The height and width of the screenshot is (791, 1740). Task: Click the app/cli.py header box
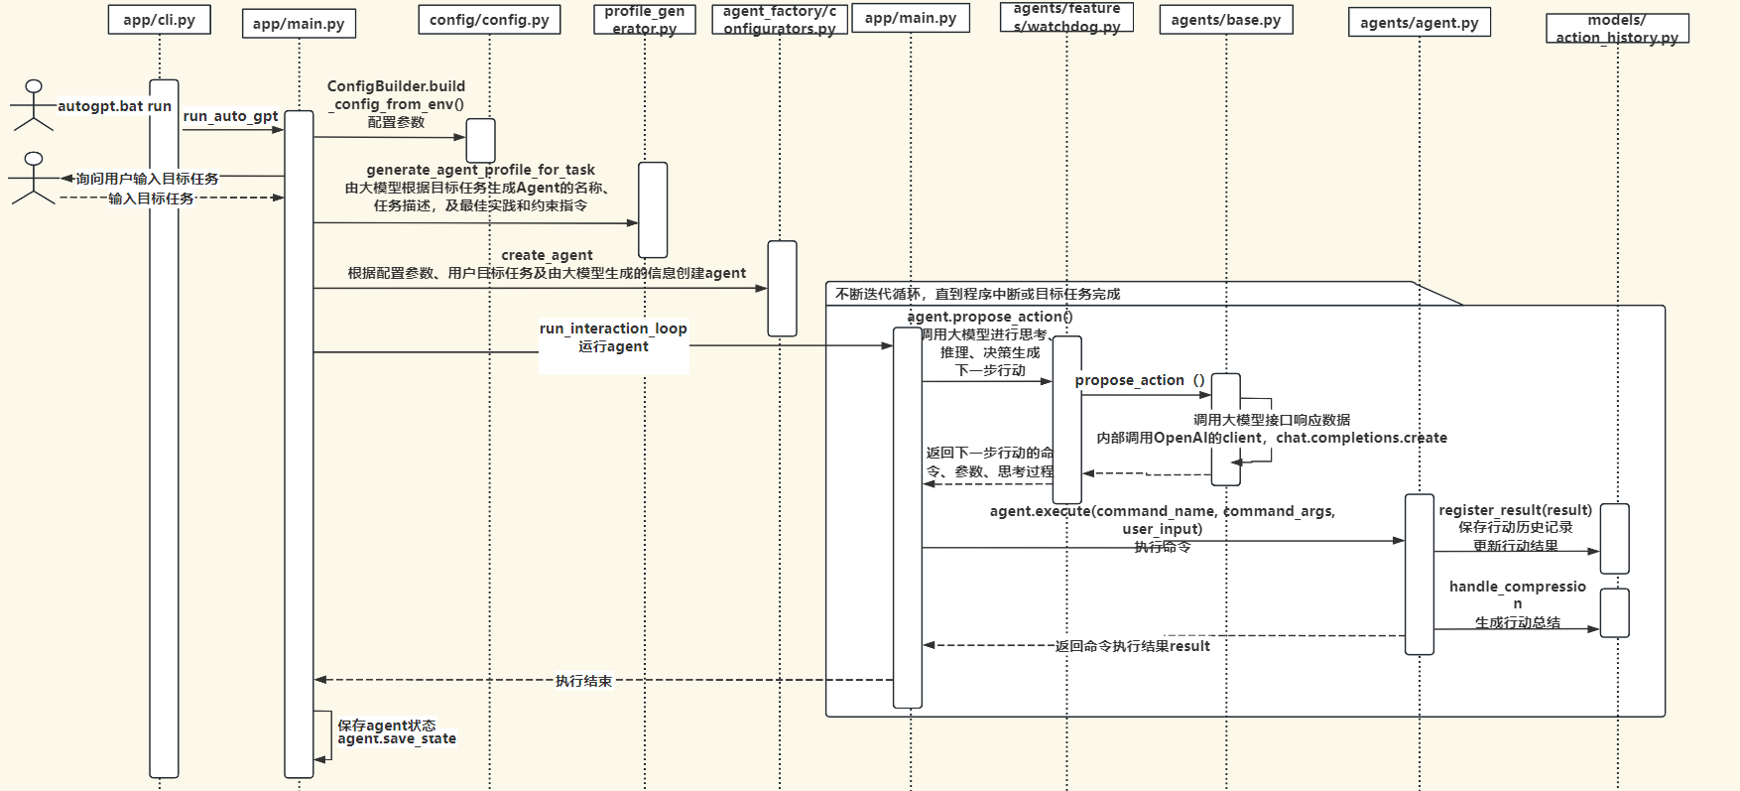coord(159,20)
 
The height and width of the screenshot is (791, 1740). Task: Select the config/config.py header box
coord(489,20)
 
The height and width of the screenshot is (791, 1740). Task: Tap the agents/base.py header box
coord(1225,20)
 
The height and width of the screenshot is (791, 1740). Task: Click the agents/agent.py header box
coord(1419,22)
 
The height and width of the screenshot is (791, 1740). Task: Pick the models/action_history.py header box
coord(1616,29)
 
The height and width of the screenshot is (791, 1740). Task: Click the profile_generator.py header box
coord(644,20)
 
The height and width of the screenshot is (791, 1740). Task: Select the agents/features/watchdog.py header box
coord(1066,18)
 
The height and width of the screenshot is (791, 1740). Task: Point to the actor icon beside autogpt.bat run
coord(34,105)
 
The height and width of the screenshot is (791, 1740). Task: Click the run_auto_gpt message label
coord(230,116)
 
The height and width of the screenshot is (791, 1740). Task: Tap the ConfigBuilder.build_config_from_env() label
coord(396,95)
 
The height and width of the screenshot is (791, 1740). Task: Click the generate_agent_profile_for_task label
coord(480,170)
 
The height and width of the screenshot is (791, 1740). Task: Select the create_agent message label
coord(547,255)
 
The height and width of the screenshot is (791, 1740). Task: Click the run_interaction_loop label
coord(613,329)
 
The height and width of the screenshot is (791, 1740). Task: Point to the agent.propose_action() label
coord(989,317)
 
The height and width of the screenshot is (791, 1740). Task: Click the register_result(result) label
coord(1515,510)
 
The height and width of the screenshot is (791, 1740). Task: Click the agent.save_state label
coord(397,738)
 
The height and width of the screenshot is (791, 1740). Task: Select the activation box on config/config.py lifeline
coord(481,140)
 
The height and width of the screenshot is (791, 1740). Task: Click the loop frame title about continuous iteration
coord(977,294)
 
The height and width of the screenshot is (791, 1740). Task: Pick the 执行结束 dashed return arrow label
coord(583,681)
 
